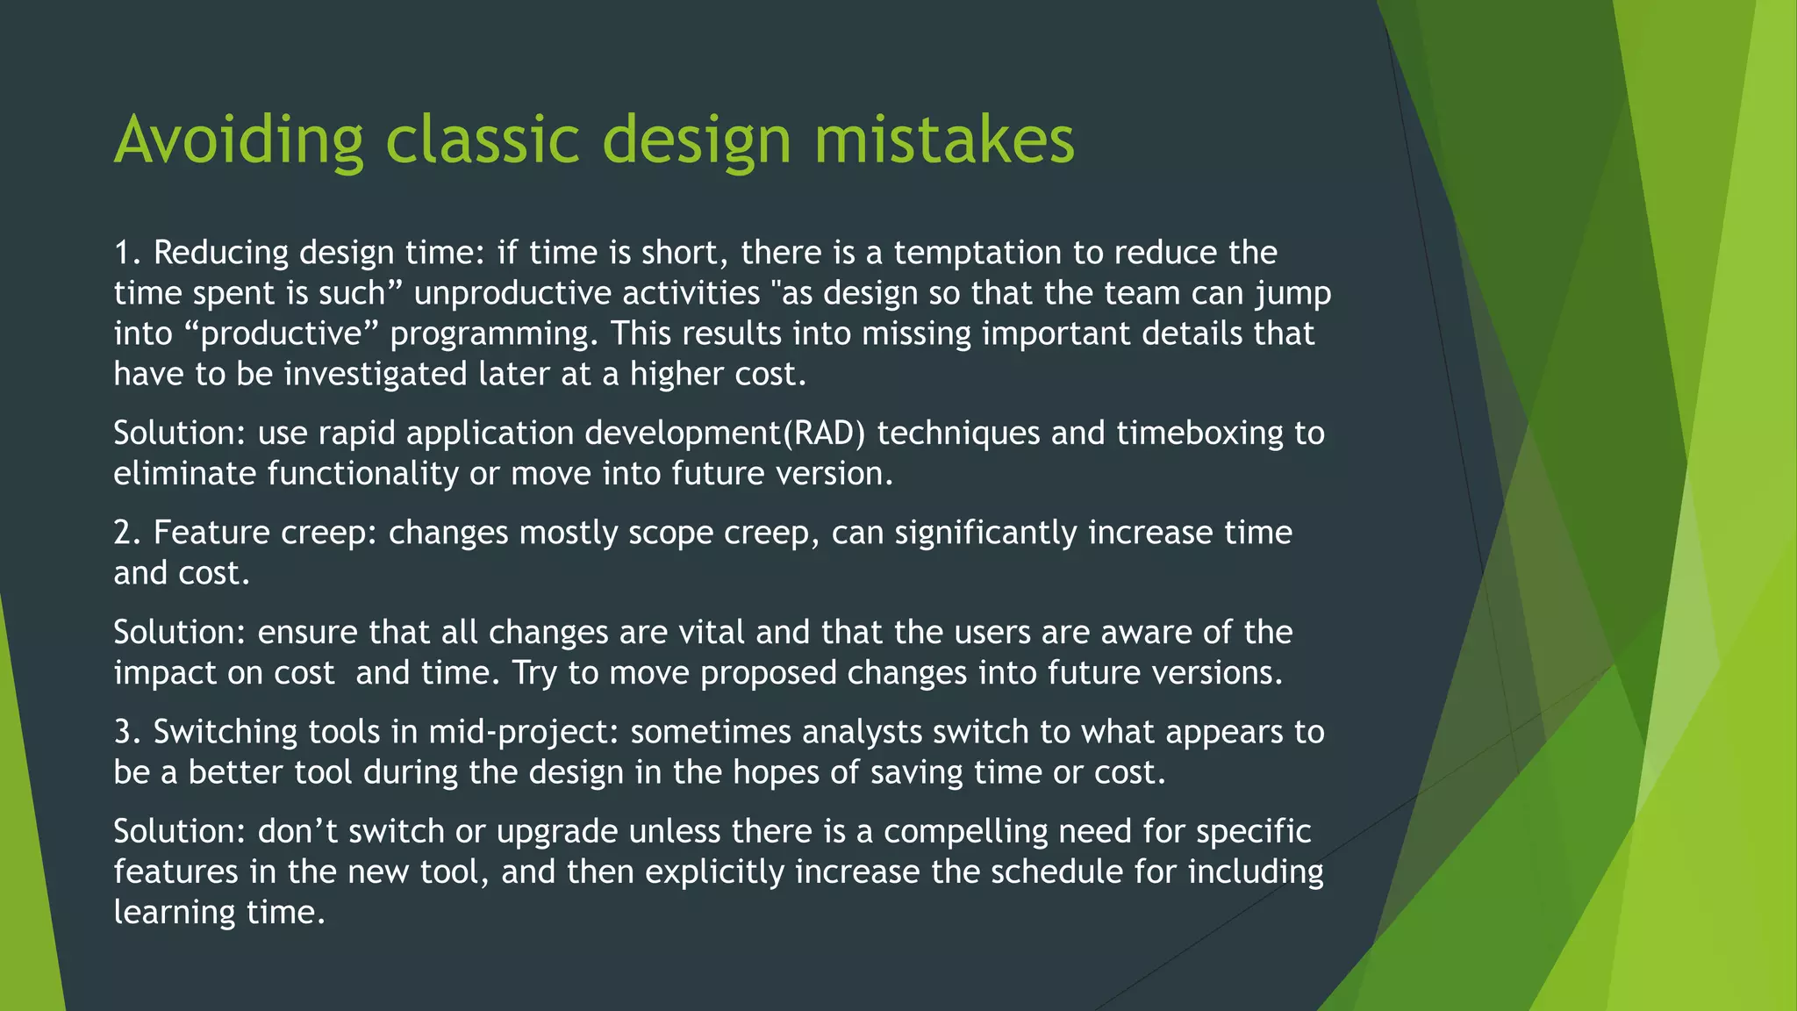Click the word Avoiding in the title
[238, 140]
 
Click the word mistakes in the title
[944, 140]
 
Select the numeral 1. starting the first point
[128, 253]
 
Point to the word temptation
[977, 253]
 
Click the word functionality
[363, 474]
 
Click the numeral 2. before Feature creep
[128, 533]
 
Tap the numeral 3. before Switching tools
[128, 732]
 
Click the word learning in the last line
[175, 913]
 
